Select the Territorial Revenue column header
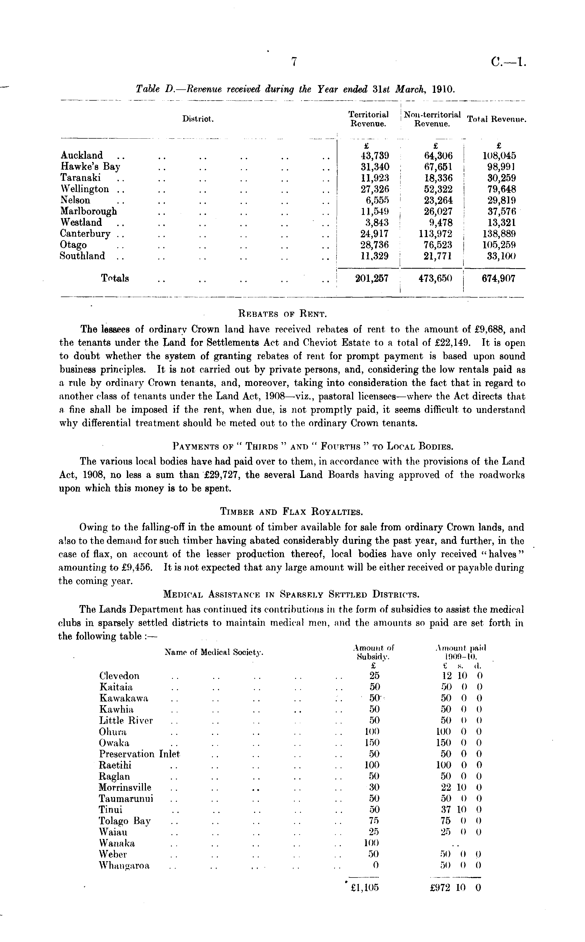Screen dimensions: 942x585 pyautogui.click(x=368, y=119)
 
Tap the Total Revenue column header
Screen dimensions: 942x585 pyautogui.click(x=497, y=119)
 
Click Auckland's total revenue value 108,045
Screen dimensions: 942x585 pyautogui.click(x=499, y=156)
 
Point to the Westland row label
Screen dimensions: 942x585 pyautogui.click(x=81, y=222)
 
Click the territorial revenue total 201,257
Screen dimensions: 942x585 pyautogui.click(x=371, y=278)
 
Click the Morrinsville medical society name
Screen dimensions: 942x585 pyautogui.click(x=125, y=787)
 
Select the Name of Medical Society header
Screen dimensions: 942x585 pyautogui.click(x=214, y=652)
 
